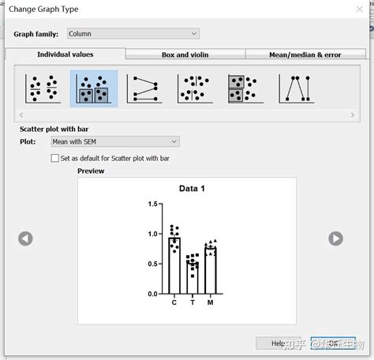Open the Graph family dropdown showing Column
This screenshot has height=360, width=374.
coord(132,34)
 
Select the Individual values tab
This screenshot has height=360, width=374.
coord(65,54)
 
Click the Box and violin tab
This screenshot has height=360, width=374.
coord(185,55)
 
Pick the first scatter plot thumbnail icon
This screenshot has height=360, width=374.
coord(43,88)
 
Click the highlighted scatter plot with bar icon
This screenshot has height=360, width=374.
coord(94,88)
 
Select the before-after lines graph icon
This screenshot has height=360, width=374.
coord(144,88)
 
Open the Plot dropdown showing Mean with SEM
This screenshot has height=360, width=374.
coord(114,141)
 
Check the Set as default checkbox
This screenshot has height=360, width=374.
coord(54,158)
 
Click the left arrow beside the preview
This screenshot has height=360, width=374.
coord(26,238)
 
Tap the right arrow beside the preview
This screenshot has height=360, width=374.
coord(335,238)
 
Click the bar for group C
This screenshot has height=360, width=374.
coord(174,265)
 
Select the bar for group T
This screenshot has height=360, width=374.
coord(193,276)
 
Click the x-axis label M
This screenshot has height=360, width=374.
coord(211,302)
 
